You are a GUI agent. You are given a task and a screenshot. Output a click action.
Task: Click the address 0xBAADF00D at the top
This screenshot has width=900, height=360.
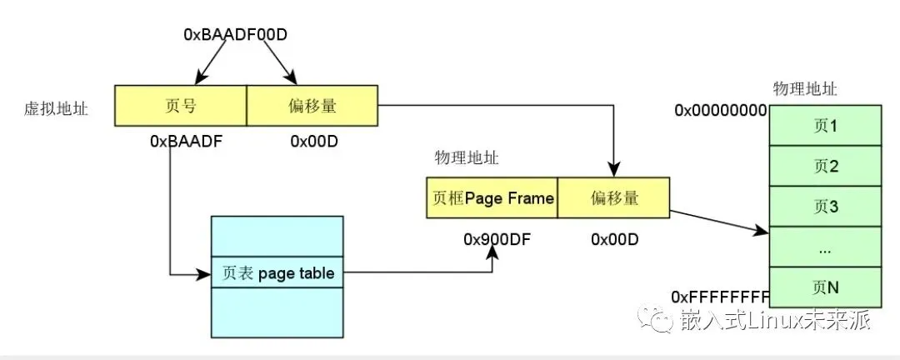[x=236, y=35]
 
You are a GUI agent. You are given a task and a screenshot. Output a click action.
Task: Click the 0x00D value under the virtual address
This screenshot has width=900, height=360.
[x=313, y=141]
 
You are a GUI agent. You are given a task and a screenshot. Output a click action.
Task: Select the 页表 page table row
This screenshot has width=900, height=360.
[x=277, y=272]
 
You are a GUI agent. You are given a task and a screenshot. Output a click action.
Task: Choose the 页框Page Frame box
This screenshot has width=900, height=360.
[x=492, y=197]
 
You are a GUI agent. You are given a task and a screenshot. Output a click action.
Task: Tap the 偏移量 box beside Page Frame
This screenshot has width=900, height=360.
[x=613, y=197]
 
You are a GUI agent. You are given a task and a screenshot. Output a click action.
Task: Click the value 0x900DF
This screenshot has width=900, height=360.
[x=497, y=240]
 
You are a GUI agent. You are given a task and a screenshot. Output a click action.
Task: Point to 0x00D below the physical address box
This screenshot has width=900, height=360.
[x=614, y=240]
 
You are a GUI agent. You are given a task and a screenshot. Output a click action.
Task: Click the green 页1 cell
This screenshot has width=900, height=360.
[x=823, y=126]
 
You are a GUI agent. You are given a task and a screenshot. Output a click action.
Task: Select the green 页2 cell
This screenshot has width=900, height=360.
[x=823, y=167]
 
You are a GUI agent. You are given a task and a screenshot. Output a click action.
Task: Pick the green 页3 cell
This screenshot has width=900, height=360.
[x=823, y=207]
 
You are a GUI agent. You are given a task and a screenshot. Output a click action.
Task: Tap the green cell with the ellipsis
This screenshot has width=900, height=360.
[x=823, y=247]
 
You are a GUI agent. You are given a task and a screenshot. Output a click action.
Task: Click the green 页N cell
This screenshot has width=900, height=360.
[x=823, y=287]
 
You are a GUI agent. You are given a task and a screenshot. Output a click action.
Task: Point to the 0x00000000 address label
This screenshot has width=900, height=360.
[x=720, y=110]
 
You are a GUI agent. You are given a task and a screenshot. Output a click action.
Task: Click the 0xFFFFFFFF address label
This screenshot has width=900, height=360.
[x=720, y=296]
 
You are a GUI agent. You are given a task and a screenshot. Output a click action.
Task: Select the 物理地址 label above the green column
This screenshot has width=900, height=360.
[x=805, y=88]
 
